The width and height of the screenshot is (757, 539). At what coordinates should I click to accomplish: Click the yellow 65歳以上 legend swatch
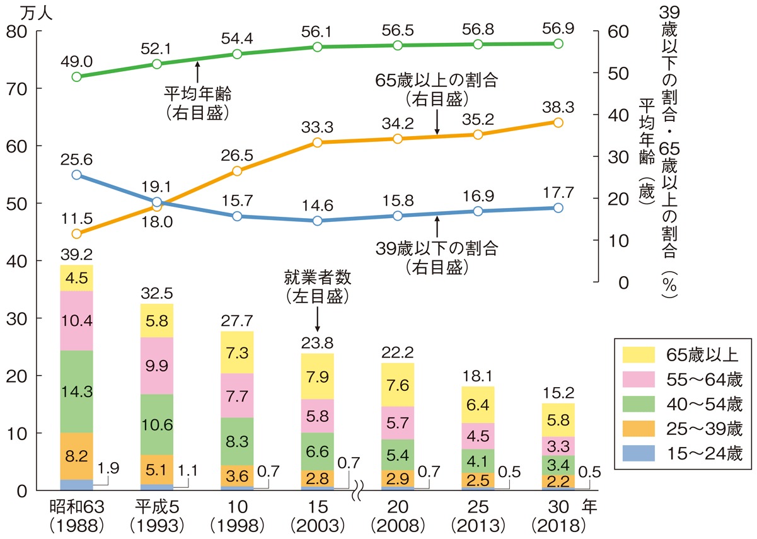coord(639,353)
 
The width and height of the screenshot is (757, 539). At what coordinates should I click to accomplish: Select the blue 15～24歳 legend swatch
coord(639,455)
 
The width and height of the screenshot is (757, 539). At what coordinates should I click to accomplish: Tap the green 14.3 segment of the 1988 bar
coord(76,391)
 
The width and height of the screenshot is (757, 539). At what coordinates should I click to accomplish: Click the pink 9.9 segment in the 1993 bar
coord(157,366)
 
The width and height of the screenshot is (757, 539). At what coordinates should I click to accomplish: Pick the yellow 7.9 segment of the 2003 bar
coord(318,376)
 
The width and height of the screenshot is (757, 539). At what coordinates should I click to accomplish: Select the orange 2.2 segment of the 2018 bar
coord(558,481)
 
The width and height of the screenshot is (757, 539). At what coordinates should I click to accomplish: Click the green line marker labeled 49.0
coord(77,77)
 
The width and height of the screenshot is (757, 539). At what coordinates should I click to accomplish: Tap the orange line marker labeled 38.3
coord(558,122)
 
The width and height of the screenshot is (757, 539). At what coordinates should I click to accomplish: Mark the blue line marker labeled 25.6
coord(77,175)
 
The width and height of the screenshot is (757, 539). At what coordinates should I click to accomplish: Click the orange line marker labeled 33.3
coord(318,142)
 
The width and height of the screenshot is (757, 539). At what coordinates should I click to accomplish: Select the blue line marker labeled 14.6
coord(318,221)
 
